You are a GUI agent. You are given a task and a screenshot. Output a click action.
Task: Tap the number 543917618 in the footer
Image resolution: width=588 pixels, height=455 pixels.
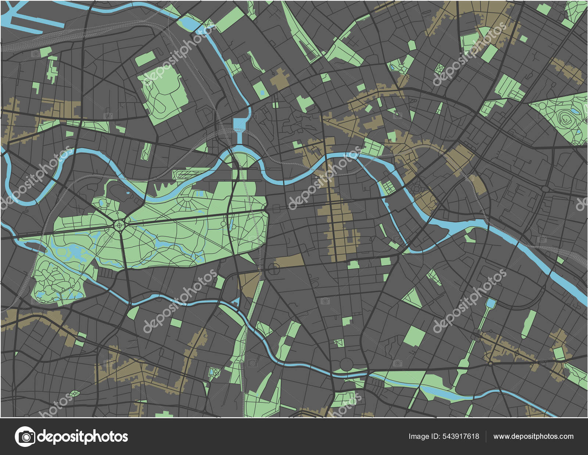pos(461,437)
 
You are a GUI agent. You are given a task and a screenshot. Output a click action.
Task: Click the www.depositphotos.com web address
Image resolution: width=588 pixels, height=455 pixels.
pos(533,437)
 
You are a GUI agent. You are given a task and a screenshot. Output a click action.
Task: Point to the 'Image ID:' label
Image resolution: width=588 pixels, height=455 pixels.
pos(424,437)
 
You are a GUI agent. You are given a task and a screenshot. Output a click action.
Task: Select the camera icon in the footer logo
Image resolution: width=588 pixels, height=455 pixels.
pos(25,437)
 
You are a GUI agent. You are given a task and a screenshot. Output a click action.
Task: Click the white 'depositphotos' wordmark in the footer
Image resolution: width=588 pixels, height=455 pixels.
pos(83,437)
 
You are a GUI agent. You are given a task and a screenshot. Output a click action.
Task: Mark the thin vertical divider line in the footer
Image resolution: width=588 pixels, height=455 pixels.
pos(486,437)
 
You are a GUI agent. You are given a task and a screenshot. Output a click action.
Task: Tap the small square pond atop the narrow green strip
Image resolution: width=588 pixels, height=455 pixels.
pos(491,303)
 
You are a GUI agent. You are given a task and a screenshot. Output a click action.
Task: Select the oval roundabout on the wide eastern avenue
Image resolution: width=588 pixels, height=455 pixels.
pos(546,189)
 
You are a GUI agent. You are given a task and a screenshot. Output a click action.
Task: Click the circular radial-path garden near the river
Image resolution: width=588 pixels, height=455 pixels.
pos(416,188)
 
